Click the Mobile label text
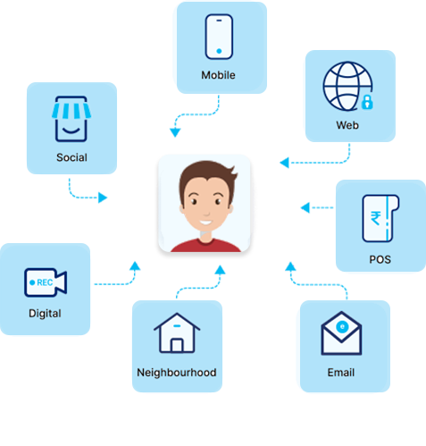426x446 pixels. click(218, 75)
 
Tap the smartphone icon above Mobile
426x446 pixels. click(219, 37)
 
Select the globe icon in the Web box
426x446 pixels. click(347, 86)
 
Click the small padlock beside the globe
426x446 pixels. click(367, 102)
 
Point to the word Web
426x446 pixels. click(347, 125)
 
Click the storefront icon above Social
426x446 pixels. click(71, 119)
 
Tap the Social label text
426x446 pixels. click(71, 157)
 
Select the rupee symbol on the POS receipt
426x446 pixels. click(376, 218)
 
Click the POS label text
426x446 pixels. click(380, 259)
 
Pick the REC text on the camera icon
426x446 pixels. click(45, 282)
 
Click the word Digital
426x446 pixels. click(45, 314)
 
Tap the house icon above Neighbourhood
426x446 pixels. click(177, 333)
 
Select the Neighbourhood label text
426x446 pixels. click(177, 373)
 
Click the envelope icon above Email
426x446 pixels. click(341, 333)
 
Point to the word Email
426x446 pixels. click(341, 373)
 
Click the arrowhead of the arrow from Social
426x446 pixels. click(103, 198)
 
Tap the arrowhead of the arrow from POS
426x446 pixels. click(305, 207)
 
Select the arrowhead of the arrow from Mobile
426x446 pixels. click(175, 132)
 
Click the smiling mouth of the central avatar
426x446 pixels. click(205, 223)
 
